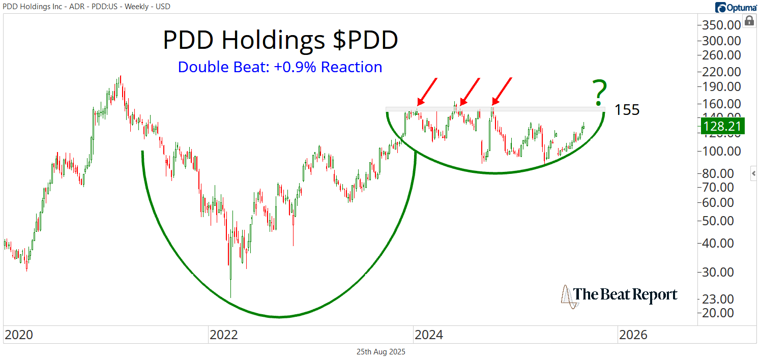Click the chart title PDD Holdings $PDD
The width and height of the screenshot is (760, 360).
(x=280, y=40)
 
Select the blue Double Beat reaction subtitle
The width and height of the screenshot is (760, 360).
(x=280, y=67)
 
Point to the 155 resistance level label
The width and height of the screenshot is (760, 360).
(x=627, y=109)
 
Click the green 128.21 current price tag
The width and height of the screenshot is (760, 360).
(x=722, y=126)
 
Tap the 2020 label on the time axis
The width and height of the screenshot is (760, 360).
(x=19, y=335)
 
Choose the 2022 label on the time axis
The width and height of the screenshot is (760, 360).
(x=224, y=335)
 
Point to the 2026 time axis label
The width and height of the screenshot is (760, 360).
(x=633, y=335)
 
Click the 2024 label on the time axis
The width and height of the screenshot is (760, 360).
(x=429, y=335)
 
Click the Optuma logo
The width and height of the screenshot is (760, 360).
(x=736, y=7)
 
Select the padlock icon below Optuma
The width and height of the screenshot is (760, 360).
(x=749, y=21)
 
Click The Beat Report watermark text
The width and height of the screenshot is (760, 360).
(x=625, y=295)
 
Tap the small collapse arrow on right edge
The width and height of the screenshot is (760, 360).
(x=754, y=174)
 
